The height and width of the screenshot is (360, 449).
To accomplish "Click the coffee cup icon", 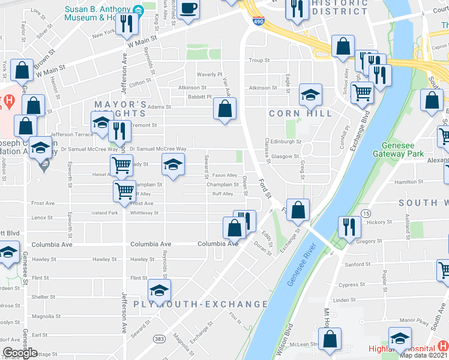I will pyautogui.click(x=188, y=10).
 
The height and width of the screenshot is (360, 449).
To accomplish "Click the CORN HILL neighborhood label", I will pyautogui.click(x=300, y=113).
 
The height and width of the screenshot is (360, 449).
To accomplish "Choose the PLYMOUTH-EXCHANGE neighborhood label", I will pyautogui.click(x=200, y=304).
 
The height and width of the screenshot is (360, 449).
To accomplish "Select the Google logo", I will pyautogui.click(x=20, y=353).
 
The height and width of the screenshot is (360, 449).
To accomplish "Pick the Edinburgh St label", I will pyautogui.click(x=286, y=142).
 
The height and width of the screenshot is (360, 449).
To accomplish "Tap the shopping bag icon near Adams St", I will pyautogui.click(x=224, y=109).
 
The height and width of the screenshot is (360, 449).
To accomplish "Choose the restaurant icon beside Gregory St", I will pyautogui.click(x=349, y=227).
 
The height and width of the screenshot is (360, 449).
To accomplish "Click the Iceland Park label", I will pyautogui.click(x=106, y=213).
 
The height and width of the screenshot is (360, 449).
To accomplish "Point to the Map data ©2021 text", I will pyautogui.click(x=424, y=355).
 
